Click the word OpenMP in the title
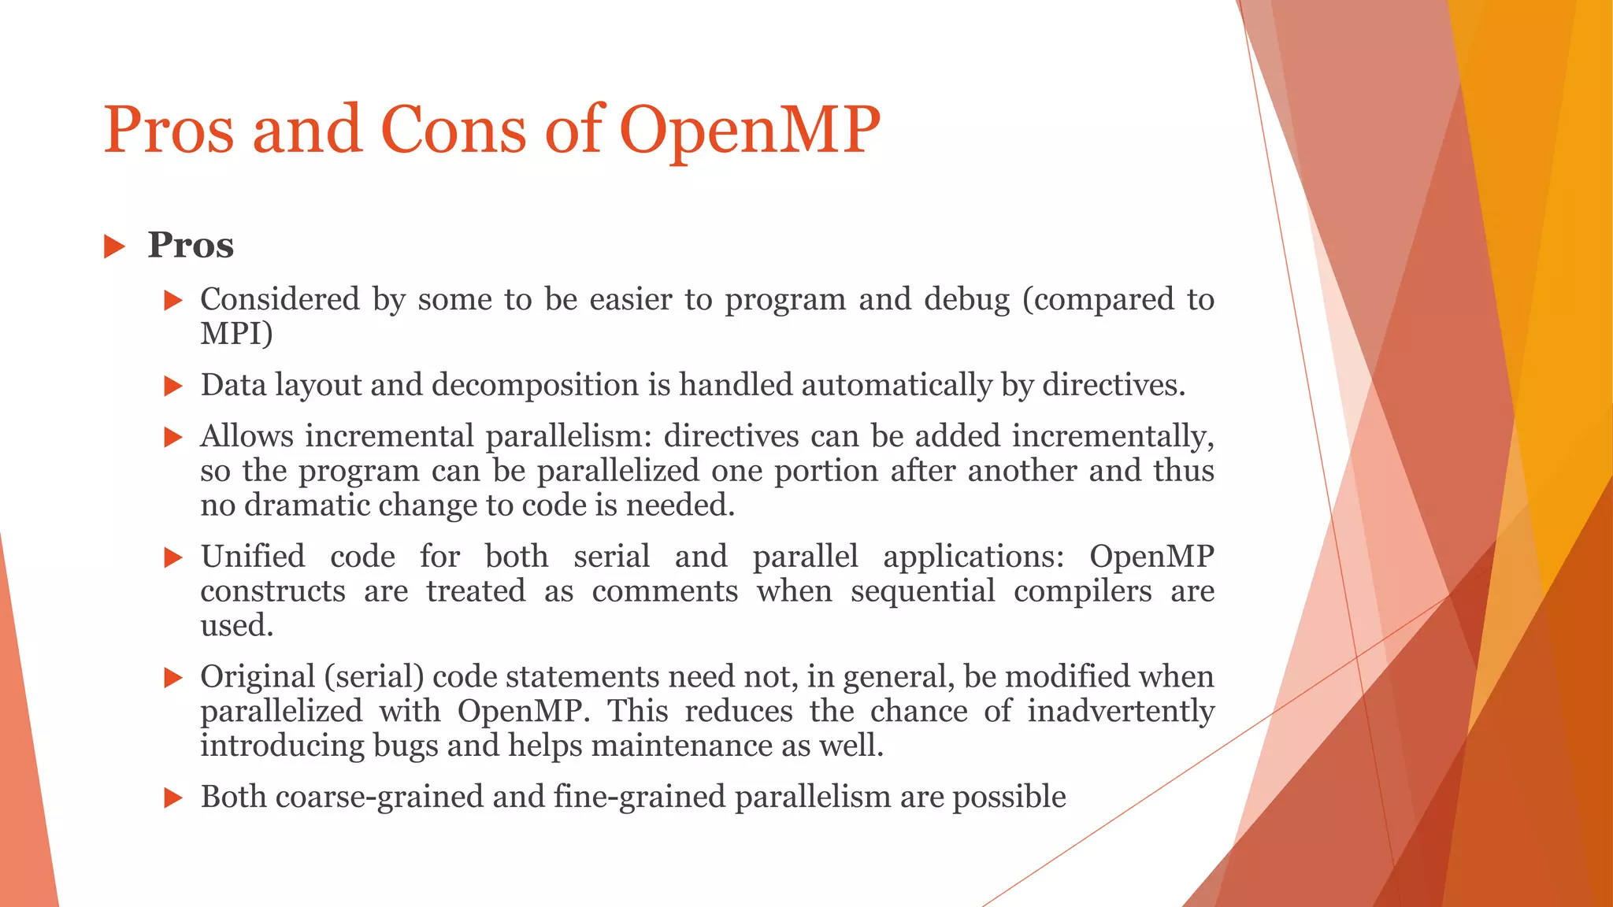coord(750,131)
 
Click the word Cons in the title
coord(453,129)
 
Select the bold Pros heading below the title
coord(191,245)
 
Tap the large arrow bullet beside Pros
coord(115,246)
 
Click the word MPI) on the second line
coord(236,334)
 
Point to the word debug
coord(966,300)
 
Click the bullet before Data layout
coord(173,386)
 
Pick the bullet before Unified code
coord(173,558)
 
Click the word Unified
coord(253,557)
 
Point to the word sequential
coord(922,591)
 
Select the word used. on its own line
coord(237,626)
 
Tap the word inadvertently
coord(1120,712)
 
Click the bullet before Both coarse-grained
coord(173,798)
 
